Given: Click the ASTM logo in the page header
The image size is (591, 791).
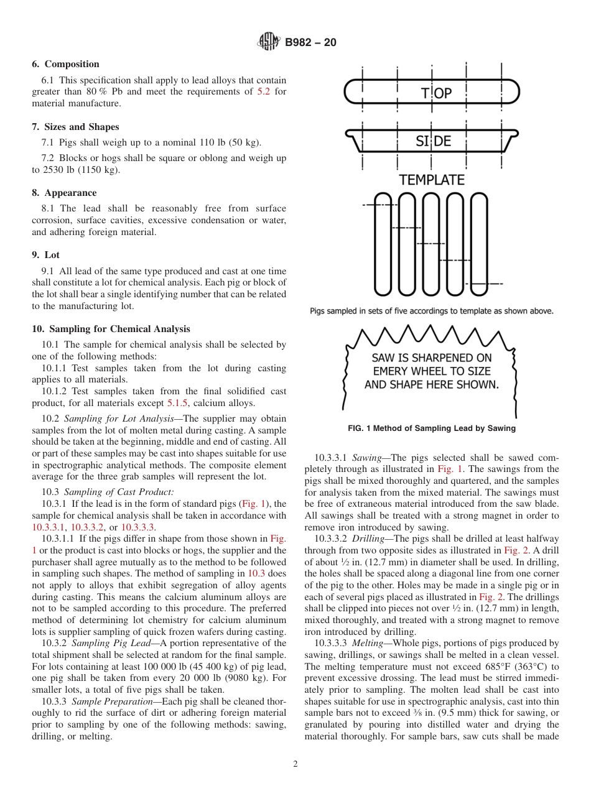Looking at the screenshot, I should [269, 42].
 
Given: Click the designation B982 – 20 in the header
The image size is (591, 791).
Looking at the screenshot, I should [310, 42].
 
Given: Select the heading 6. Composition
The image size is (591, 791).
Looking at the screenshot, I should [65, 64].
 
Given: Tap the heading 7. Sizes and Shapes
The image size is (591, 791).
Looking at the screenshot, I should [75, 127].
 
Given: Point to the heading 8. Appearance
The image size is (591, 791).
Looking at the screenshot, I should [64, 193].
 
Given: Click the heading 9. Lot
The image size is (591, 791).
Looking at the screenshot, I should [46, 255].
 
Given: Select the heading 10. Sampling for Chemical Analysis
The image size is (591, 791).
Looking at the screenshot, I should [111, 329].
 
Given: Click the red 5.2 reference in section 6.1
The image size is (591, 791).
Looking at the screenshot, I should [264, 92].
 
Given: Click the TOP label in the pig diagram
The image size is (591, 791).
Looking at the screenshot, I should [435, 93].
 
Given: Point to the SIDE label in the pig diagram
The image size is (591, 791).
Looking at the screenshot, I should [433, 142].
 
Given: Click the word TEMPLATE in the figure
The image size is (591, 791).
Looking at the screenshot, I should [432, 180].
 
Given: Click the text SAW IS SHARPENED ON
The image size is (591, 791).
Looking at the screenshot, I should [431, 358].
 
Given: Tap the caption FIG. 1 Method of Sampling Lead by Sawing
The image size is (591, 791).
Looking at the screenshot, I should [431, 428].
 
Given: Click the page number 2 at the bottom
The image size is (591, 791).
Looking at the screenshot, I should [295, 764].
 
